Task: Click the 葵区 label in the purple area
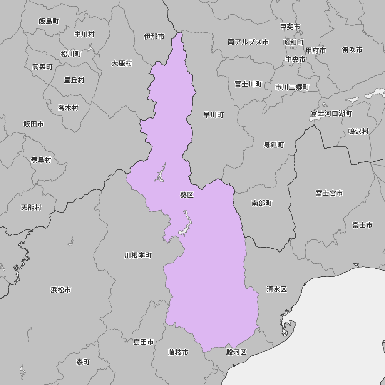pos(187,195)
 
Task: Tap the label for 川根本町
pos(138,255)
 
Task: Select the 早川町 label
pos(214,115)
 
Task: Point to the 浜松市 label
pos(60,290)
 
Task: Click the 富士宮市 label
pos(329,193)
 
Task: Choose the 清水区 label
pos(277,289)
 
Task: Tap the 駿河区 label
pos(236,352)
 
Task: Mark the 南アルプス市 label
pos(248,42)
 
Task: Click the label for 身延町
pos(274,145)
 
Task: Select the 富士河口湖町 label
pos(331,114)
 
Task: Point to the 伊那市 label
pos(154,37)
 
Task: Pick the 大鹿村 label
pos(122,63)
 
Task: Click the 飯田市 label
pos(33,124)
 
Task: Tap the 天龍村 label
pos(31,208)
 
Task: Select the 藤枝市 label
pos(178,352)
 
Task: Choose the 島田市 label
pos(144,342)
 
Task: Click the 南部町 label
pos(262,203)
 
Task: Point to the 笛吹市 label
pos(352,50)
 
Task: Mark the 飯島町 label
pos(49,21)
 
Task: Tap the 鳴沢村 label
pos(358,131)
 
